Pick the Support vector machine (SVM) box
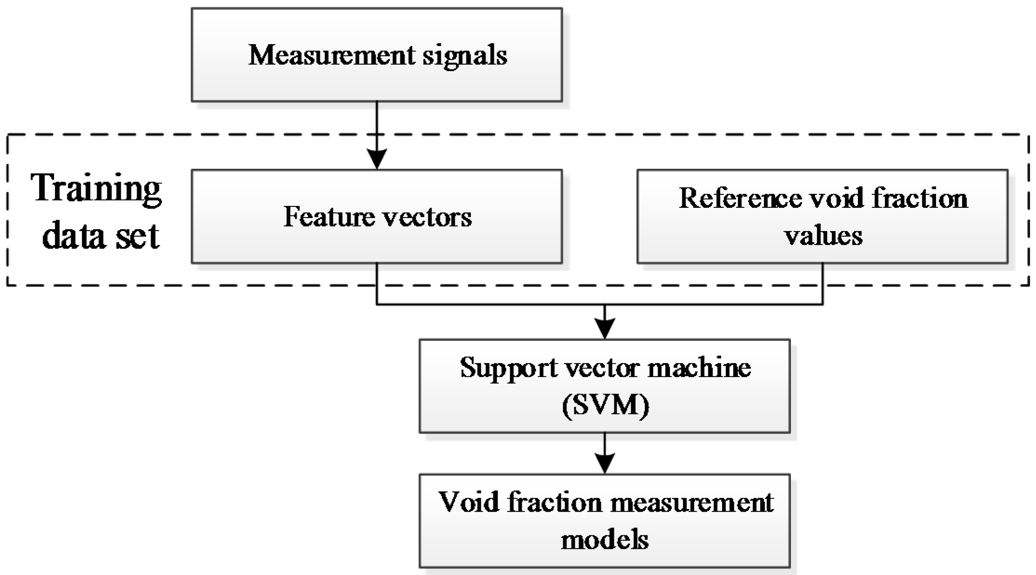click(x=604, y=386)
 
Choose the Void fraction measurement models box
click(x=604, y=521)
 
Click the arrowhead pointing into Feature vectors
click(x=377, y=159)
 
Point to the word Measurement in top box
click(x=331, y=55)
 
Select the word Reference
click(x=740, y=198)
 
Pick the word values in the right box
click(x=823, y=235)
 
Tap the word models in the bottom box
click(x=604, y=540)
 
